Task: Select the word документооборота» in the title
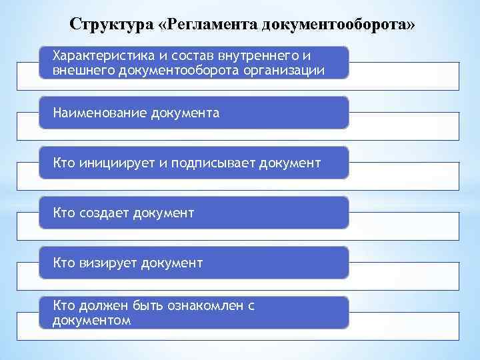click(339, 25)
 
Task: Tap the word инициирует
click(118, 163)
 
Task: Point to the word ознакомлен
click(200, 305)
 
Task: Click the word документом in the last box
click(91, 321)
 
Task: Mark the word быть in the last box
click(139, 305)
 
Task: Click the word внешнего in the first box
click(83, 69)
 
